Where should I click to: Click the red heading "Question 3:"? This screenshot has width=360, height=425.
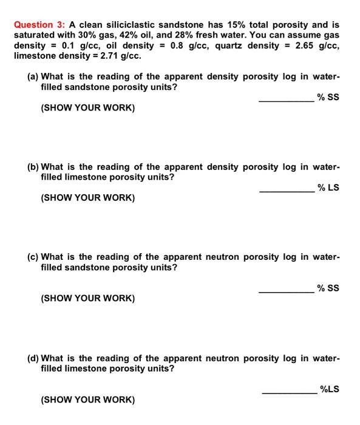pos(40,25)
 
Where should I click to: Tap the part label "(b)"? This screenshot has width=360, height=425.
pos(34,167)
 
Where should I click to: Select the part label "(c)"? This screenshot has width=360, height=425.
pos(34,257)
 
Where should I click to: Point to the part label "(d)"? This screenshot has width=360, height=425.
pos(34,358)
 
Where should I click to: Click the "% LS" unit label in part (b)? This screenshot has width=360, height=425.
pos(328,187)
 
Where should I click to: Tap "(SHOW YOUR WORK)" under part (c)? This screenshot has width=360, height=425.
pos(87,298)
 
